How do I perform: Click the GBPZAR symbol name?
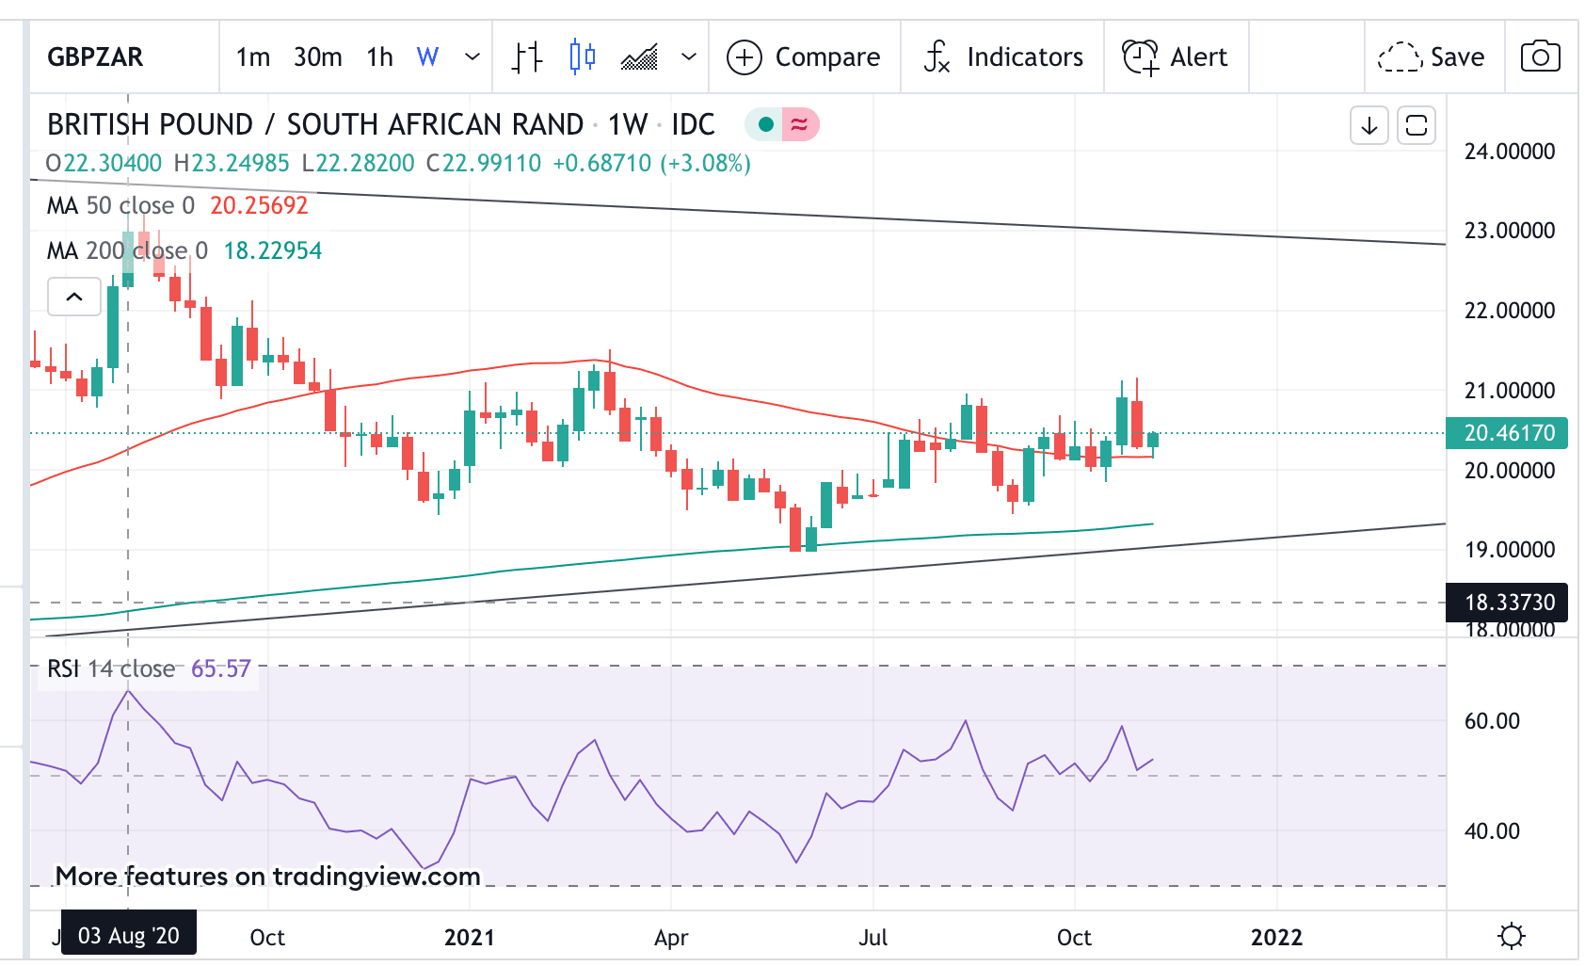[x=95, y=57]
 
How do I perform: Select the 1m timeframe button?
[x=252, y=57]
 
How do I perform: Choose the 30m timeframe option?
[x=317, y=57]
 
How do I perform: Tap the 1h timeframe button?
[x=379, y=57]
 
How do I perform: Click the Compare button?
[x=804, y=57]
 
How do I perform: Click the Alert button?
[x=1176, y=57]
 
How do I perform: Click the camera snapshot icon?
[x=1540, y=56]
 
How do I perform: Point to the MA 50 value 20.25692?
[x=259, y=205]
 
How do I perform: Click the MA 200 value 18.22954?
[x=272, y=250]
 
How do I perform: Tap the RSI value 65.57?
[x=221, y=668]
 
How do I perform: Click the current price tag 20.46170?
[x=1508, y=433]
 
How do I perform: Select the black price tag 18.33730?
[x=1508, y=603]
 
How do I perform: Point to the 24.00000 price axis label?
[x=1509, y=152]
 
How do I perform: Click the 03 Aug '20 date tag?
[x=129, y=936]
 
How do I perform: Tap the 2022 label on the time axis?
[x=1275, y=937]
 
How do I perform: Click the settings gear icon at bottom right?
[x=1512, y=936]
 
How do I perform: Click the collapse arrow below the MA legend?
[x=74, y=297]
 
